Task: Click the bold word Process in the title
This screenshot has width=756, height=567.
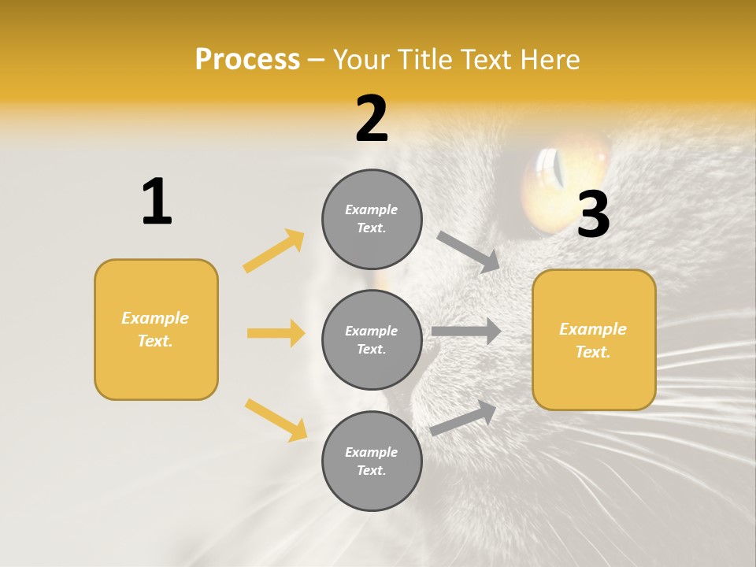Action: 247,60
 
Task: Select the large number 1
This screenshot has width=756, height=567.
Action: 157,202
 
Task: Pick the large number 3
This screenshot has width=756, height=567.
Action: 593,214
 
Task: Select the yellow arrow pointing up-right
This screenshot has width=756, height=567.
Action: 274,251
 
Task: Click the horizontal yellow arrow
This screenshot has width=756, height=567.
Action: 276,333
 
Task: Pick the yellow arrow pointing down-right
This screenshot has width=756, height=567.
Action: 276,420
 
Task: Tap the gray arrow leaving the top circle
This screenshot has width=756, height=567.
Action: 469,252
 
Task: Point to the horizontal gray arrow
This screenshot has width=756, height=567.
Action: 466,332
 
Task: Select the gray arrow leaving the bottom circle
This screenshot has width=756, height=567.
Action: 463,417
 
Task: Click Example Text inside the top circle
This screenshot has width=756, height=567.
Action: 372,219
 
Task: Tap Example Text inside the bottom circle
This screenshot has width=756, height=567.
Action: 372,461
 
